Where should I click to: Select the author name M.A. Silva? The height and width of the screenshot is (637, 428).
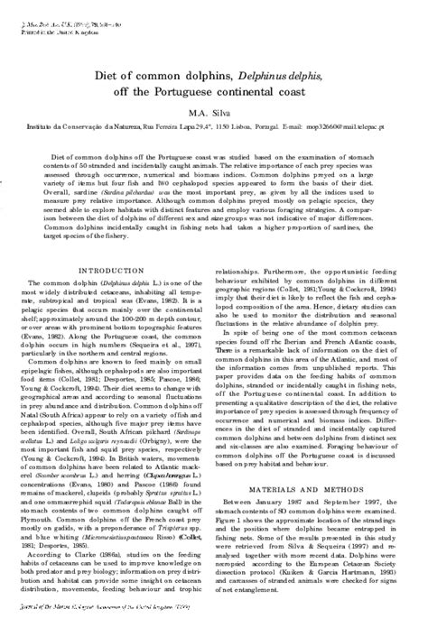click(x=213, y=110)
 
